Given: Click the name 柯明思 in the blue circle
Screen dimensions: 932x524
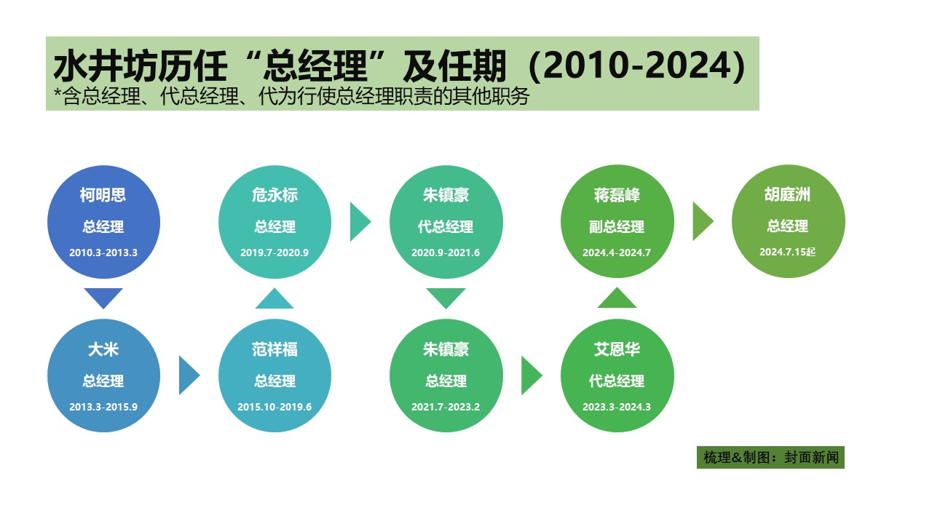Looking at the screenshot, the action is tap(103, 194).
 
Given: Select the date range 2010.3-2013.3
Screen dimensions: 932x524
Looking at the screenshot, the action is tap(103, 253).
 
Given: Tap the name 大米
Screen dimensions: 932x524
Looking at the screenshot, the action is tap(103, 349).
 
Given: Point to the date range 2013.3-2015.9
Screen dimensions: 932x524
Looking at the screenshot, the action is tap(103, 407).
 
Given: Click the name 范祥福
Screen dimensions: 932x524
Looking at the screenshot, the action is tap(275, 349).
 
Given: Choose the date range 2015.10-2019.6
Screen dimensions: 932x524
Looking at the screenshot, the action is tap(275, 407).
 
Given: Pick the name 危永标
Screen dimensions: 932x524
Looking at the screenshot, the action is tap(275, 194).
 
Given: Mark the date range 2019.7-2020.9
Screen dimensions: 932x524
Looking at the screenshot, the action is tap(275, 253).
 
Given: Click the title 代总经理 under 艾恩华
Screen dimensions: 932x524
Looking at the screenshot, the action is tap(617, 381).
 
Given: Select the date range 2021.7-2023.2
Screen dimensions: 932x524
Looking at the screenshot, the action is tap(446, 407).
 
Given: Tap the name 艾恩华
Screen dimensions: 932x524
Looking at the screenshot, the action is tap(617, 349).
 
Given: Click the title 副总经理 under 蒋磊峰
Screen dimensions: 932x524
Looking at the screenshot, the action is tap(617, 226).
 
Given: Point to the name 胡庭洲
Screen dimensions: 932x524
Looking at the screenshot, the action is tap(787, 194).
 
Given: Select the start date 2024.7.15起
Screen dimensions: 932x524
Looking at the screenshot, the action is tap(787, 252).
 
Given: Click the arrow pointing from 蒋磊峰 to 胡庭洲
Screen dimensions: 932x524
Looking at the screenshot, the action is tap(703, 221).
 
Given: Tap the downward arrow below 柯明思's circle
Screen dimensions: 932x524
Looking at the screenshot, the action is tap(103, 298).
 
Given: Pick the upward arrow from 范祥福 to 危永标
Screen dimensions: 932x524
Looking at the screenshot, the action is tap(275, 298).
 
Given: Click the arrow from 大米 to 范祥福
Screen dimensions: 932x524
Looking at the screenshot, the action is tap(189, 375).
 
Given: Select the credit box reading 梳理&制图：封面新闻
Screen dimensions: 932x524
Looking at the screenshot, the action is tap(770, 458).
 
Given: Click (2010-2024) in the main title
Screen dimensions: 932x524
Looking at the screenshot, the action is tap(636, 65).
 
